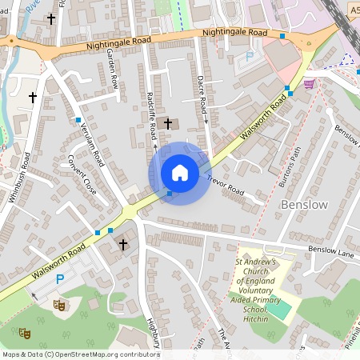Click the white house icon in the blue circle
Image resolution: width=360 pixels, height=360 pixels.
point(179,173)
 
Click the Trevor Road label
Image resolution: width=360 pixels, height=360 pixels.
point(226,187)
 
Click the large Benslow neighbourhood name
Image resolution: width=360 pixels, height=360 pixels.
point(304,205)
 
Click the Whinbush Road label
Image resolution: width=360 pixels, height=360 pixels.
point(18,177)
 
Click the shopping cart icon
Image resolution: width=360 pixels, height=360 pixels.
point(309,82)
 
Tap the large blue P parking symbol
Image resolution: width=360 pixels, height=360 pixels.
point(60,279)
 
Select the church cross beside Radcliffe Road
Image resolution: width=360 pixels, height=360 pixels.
point(167,122)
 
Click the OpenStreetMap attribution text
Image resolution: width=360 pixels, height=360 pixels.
point(81,354)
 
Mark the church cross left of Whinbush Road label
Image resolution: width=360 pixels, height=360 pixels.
point(33,98)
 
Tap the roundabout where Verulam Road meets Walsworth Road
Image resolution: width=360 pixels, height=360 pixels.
point(130,212)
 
